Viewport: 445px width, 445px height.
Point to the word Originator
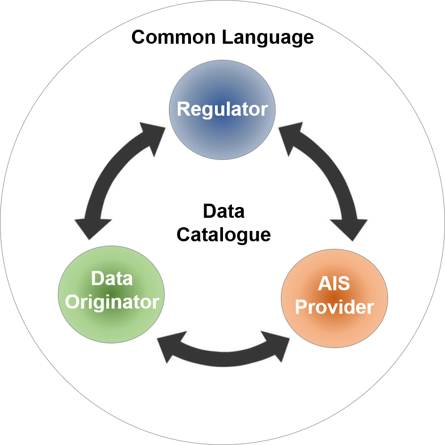[112, 302]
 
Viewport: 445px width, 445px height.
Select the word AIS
[334, 284]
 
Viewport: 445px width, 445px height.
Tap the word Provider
[334, 307]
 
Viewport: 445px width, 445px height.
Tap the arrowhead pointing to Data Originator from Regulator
[89, 228]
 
